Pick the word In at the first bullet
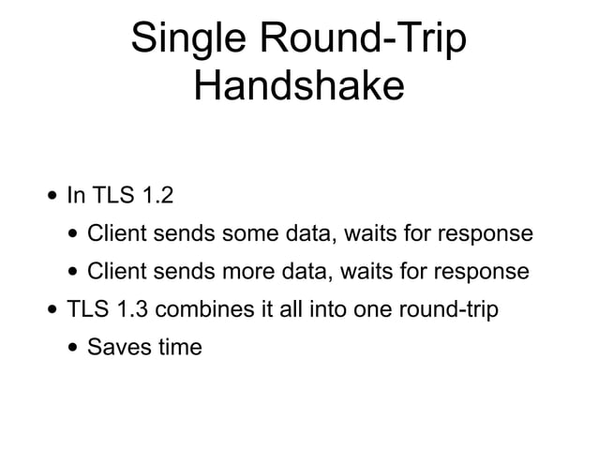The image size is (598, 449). click(75, 196)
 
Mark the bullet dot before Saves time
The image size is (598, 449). click(73, 348)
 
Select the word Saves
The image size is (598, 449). click(116, 347)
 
